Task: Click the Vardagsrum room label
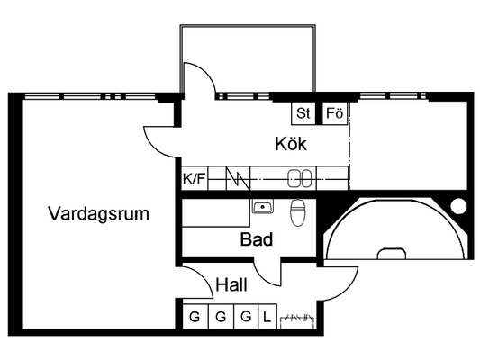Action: tap(98, 213)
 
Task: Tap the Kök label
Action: tap(291, 143)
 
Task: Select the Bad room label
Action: tap(257, 239)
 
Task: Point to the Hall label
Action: tap(231, 284)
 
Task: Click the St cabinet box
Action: tap(303, 113)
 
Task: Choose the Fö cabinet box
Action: tap(335, 113)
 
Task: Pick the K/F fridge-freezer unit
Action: tap(195, 178)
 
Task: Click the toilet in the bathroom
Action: tap(297, 212)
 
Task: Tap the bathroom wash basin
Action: tap(263, 206)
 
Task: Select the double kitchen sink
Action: tap(299, 178)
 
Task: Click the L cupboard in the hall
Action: tap(267, 316)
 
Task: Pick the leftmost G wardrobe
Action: tap(195, 316)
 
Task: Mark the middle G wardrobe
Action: tap(221, 316)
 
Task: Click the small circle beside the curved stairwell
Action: tap(458, 206)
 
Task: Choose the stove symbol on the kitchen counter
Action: tap(238, 178)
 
